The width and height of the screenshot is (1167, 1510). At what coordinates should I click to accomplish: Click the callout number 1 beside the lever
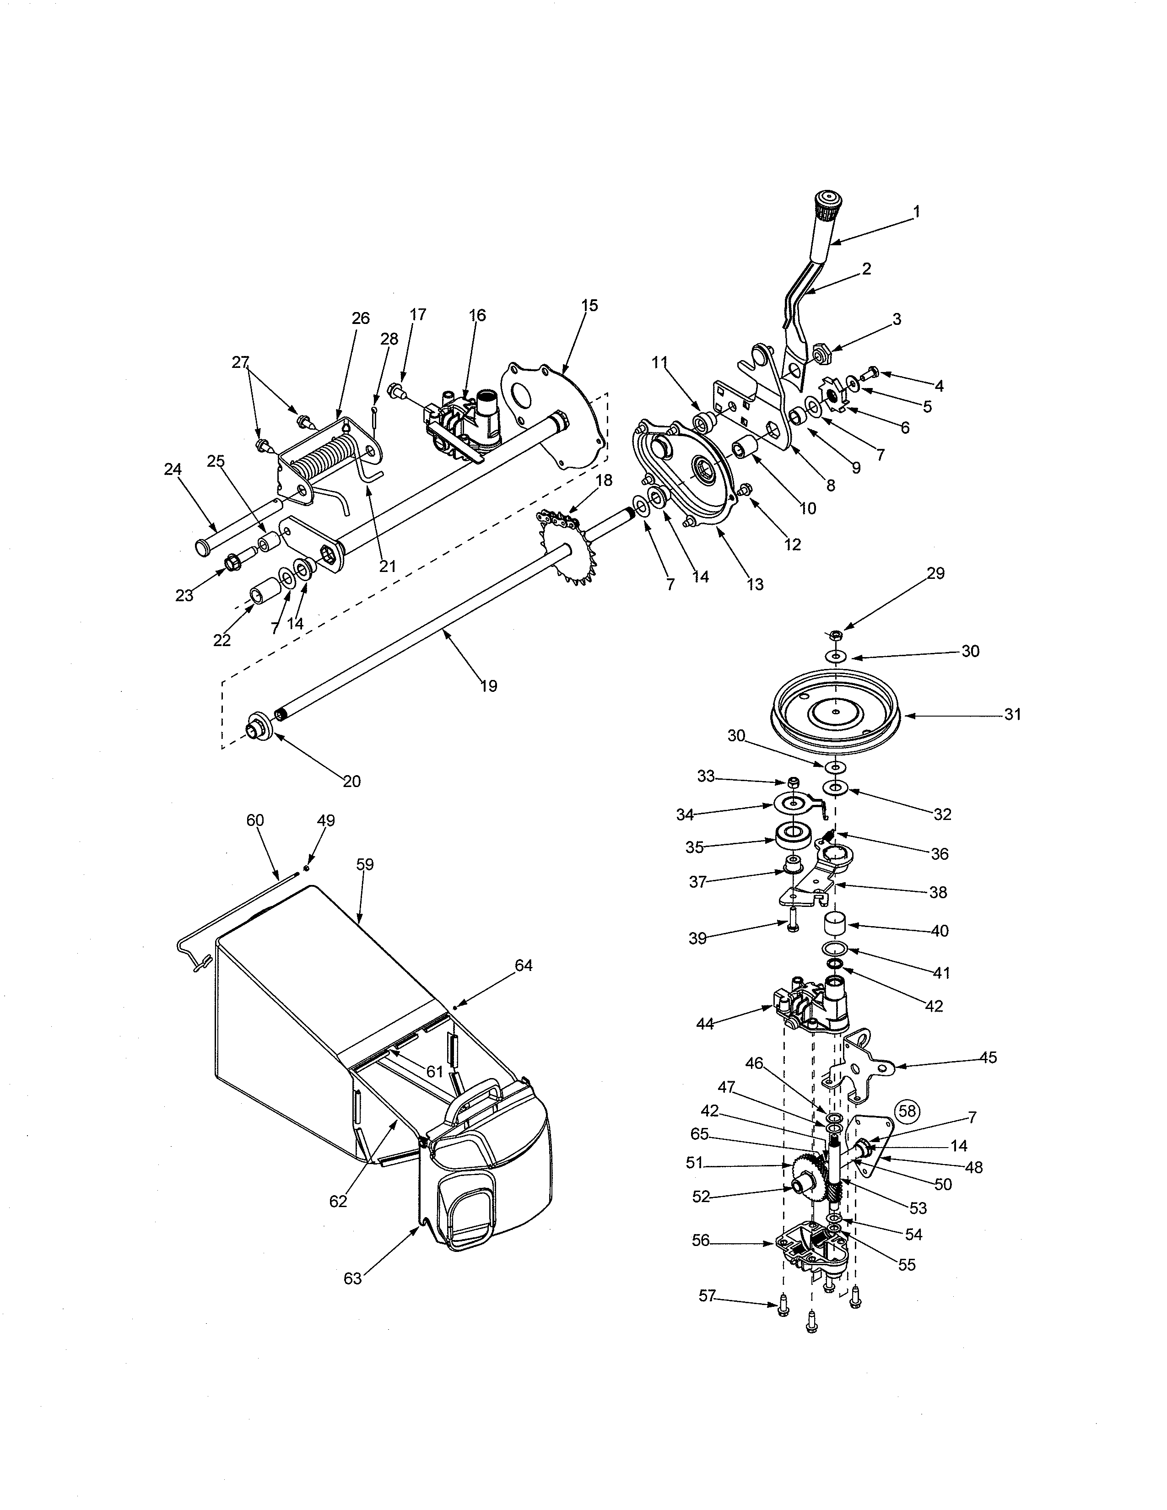click(x=917, y=211)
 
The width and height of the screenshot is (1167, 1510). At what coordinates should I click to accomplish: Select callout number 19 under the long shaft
click(x=488, y=686)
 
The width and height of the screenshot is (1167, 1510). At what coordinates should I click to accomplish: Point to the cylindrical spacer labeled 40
click(x=835, y=925)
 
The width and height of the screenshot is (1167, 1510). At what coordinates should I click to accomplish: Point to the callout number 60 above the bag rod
click(x=255, y=820)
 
